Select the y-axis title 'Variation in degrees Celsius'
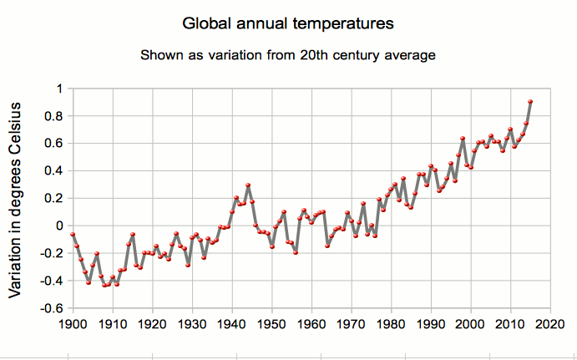pyautogui.click(x=16, y=200)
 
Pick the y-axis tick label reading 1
pyautogui.click(x=58, y=89)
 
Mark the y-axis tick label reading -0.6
pyautogui.click(x=52, y=308)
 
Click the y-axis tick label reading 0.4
pyautogui.click(x=54, y=170)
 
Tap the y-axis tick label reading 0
pyautogui.click(x=58, y=226)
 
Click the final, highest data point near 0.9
pyautogui.click(x=530, y=102)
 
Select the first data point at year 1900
pyautogui.click(x=73, y=235)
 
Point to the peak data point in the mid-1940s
pyautogui.click(x=248, y=185)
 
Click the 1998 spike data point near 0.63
pyautogui.click(x=463, y=139)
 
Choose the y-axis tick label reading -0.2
pyautogui.click(x=52, y=253)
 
